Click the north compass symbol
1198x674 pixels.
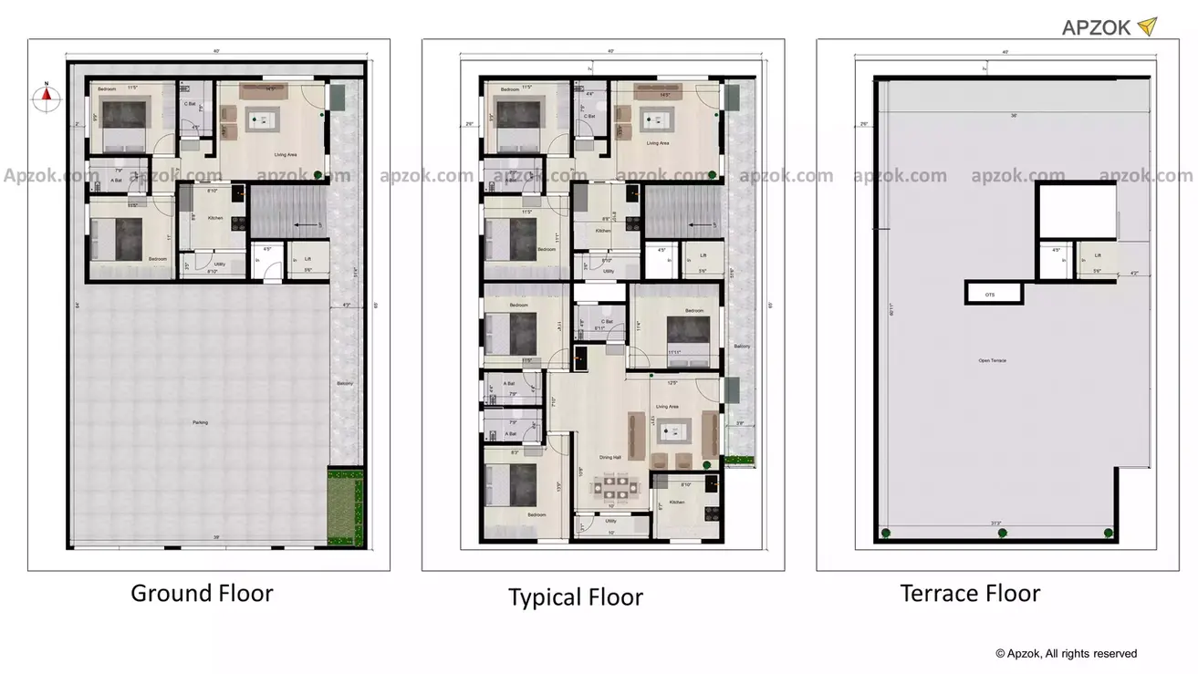pos(44,98)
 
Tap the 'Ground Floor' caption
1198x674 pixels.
pos(202,594)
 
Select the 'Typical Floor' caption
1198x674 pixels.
pos(575,598)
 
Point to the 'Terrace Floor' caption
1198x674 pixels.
pos(970,594)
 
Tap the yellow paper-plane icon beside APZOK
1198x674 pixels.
pos(1147,26)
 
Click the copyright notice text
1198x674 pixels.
pos(1066,653)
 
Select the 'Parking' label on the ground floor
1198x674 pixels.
pos(199,422)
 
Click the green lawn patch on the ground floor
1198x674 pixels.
pos(345,507)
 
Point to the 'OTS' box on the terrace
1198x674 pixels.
pos(990,295)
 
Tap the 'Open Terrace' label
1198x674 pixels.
pos(992,361)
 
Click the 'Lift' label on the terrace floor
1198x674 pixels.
pos(1098,256)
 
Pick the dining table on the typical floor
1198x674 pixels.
pos(610,485)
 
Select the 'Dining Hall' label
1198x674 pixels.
pos(609,457)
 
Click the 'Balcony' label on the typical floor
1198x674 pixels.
pos(742,347)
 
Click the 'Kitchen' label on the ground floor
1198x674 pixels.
pos(215,218)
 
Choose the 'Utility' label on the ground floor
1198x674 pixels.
pos(219,264)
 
